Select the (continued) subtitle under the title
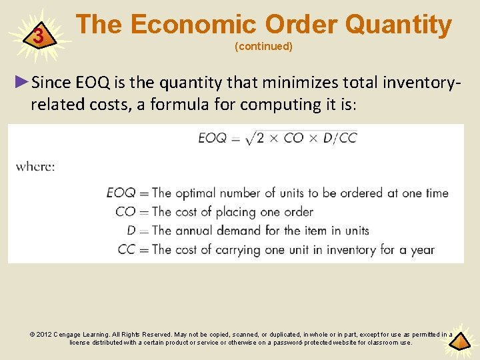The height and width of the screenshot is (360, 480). coord(263,47)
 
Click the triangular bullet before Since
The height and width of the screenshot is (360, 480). coord(22,82)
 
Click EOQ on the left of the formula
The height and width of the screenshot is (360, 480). coord(213,139)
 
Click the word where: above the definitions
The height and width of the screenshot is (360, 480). coord(35,166)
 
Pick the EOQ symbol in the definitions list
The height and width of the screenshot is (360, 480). coord(121,193)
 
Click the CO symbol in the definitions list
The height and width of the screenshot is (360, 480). coord(125,212)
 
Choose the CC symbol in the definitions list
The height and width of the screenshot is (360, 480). coord(126,250)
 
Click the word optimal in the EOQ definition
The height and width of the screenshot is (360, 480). coord(199,193)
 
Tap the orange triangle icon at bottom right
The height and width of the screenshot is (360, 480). coord(459,342)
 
